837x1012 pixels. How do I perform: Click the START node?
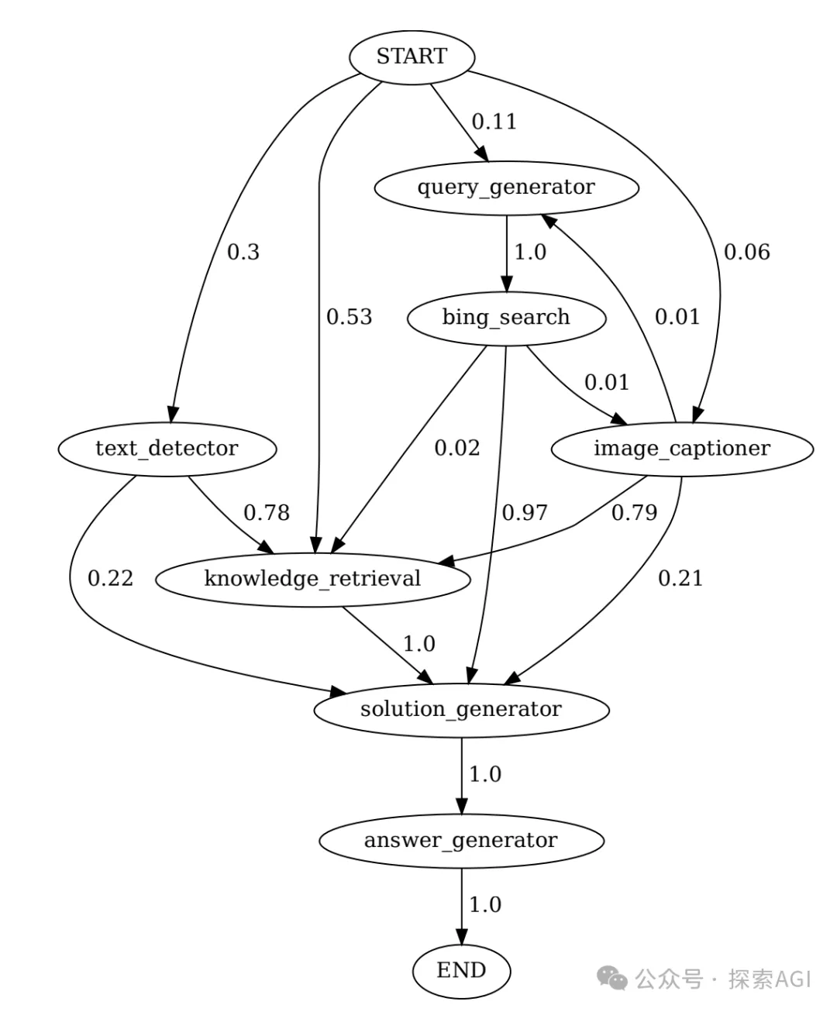coord(412,57)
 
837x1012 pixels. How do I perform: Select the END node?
coord(461,970)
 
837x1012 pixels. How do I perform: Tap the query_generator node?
coord(506,188)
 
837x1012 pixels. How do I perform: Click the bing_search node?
coord(506,318)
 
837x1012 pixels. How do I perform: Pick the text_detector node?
coord(167,449)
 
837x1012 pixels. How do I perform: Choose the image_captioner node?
coord(682,449)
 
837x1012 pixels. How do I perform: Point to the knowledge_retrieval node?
coord(312,579)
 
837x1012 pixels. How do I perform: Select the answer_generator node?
coord(461,841)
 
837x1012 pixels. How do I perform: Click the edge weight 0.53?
coord(349,317)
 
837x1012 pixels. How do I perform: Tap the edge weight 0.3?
coord(243,252)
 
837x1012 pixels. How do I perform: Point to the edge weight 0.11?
coord(494,122)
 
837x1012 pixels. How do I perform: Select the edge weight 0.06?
coord(746,252)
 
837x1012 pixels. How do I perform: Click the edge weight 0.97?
coord(525,513)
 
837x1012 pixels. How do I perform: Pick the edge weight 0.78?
coord(267,513)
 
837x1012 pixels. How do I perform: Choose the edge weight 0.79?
coord(634,513)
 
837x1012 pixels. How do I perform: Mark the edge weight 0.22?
coord(110,579)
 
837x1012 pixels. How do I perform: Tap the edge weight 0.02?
coord(456,448)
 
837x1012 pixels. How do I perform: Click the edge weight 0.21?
coord(680,579)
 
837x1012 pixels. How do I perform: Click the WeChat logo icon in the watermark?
coord(614,979)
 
